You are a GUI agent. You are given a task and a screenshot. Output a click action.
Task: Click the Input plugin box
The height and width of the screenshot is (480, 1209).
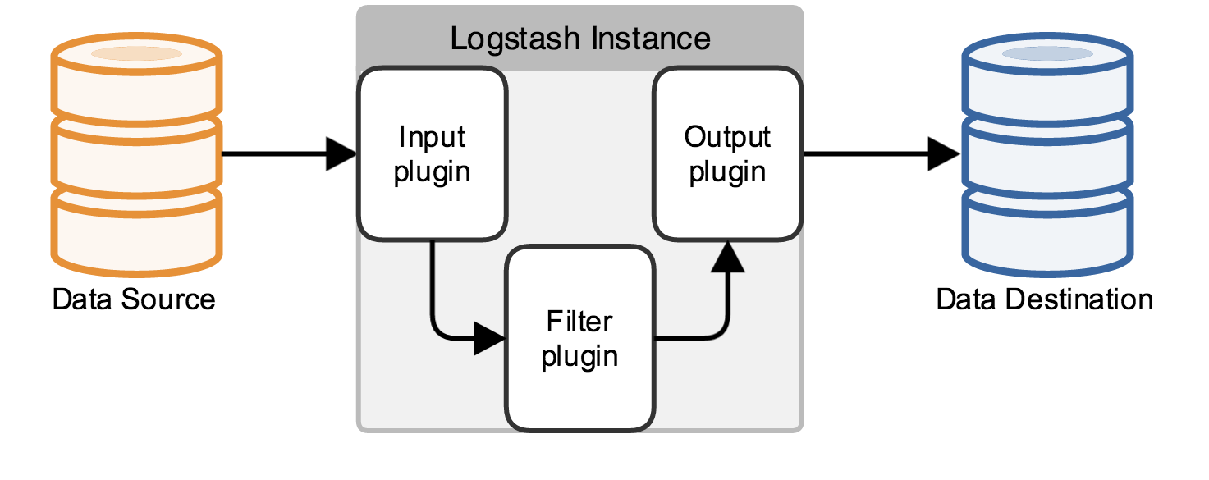432,154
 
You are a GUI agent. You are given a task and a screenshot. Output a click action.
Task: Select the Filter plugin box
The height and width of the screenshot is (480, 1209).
580,338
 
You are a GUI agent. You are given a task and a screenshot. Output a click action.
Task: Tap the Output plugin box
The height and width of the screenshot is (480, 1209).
727,154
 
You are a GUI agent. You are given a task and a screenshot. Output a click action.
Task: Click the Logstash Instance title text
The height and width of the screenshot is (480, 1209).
580,39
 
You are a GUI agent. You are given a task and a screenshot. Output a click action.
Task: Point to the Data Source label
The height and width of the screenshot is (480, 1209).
134,299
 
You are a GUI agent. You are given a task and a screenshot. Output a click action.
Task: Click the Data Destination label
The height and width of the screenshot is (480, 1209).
1044,299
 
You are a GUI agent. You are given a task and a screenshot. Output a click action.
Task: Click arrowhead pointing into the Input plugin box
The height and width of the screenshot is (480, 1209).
341,153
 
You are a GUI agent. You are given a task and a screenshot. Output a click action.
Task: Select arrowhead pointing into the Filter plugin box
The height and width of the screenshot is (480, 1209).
490,337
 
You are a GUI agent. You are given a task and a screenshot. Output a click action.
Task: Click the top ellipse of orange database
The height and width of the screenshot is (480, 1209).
136,54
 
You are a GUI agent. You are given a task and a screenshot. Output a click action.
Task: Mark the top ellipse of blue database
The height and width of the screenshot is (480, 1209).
1047,54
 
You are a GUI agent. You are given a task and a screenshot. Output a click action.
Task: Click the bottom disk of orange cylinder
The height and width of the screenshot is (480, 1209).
136,230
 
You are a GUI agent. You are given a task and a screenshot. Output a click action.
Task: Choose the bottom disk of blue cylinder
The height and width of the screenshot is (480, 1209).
1047,230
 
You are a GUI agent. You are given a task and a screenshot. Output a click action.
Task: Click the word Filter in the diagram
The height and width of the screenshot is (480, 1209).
579,321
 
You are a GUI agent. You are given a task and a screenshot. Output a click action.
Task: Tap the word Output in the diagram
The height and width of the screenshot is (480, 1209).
727,137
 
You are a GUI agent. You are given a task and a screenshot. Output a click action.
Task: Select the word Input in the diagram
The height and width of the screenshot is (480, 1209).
432,137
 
